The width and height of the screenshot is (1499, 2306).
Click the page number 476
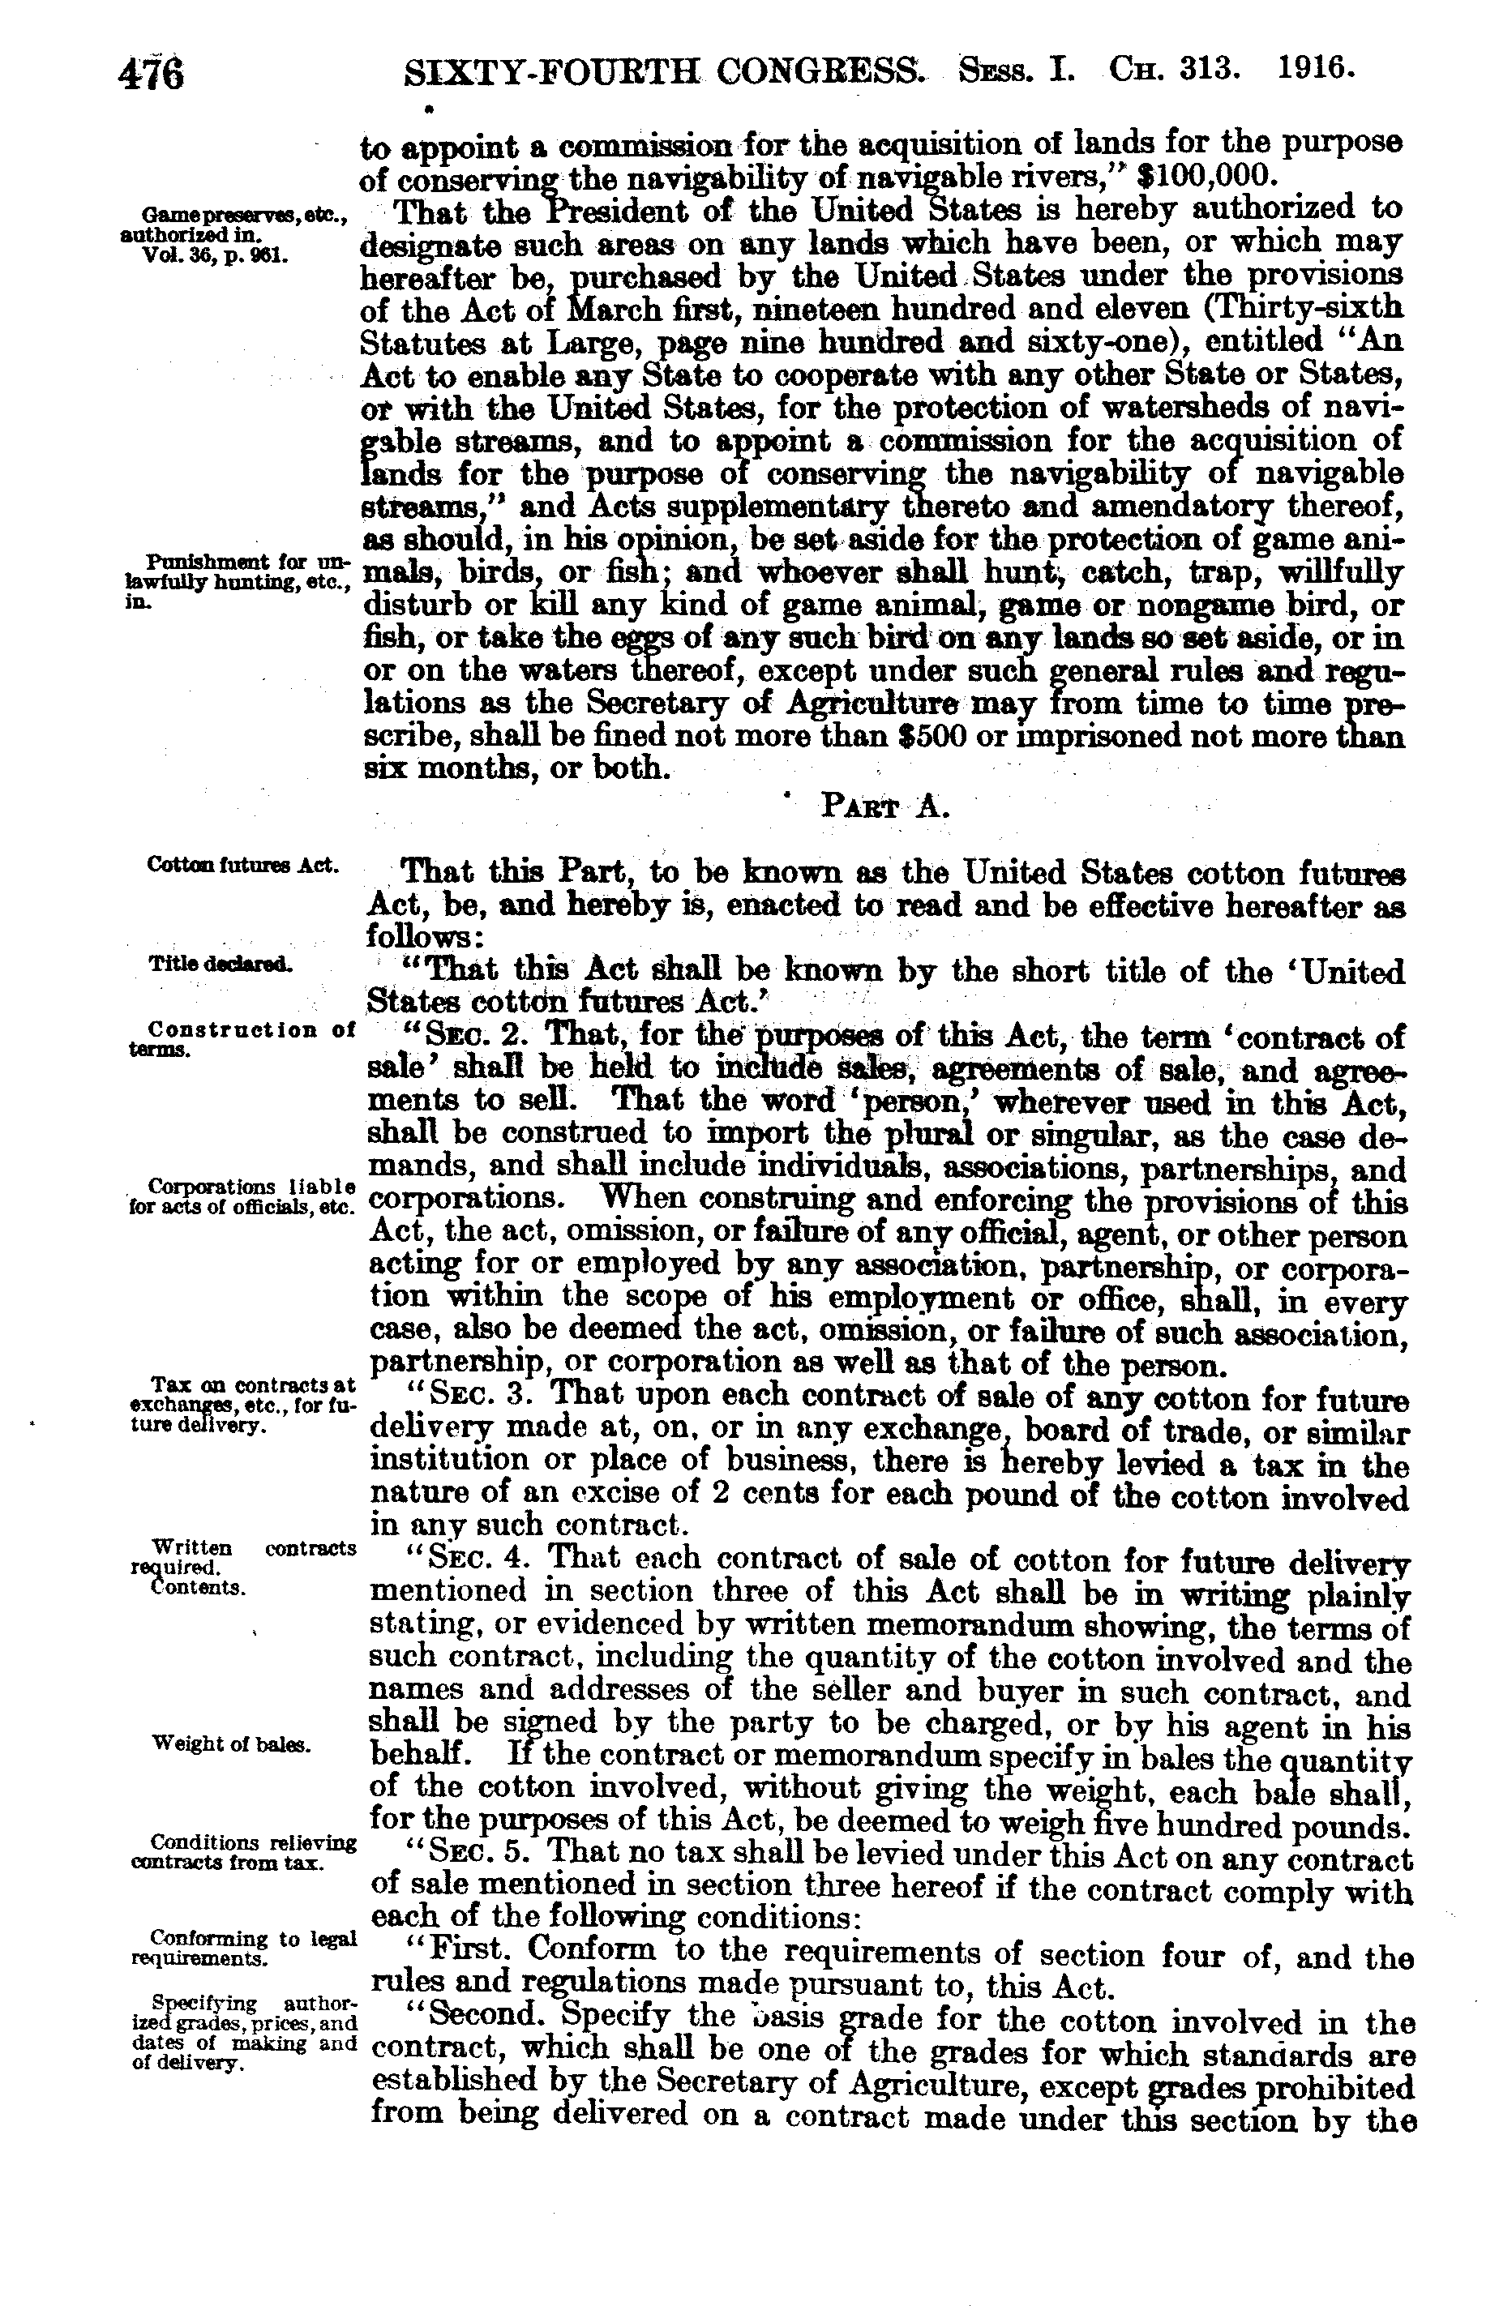pos(150,74)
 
